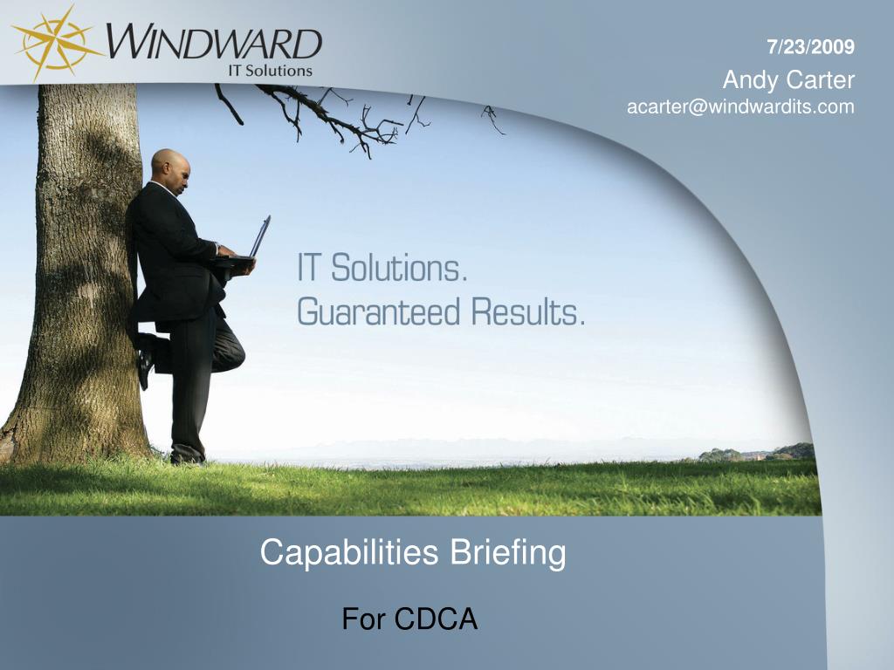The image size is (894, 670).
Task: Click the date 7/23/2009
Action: (x=811, y=47)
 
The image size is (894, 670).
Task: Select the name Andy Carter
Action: (x=788, y=80)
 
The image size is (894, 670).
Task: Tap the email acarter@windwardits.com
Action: (x=740, y=107)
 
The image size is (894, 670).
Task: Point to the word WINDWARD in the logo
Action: (x=215, y=43)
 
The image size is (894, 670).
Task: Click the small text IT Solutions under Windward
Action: (x=270, y=71)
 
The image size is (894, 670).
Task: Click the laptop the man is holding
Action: (x=259, y=238)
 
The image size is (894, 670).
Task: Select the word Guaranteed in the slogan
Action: (x=376, y=311)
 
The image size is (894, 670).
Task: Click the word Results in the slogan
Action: (x=527, y=311)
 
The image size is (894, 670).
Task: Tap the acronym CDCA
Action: (x=436, y=619)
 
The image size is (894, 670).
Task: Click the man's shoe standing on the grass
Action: (x=186, y=456)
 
